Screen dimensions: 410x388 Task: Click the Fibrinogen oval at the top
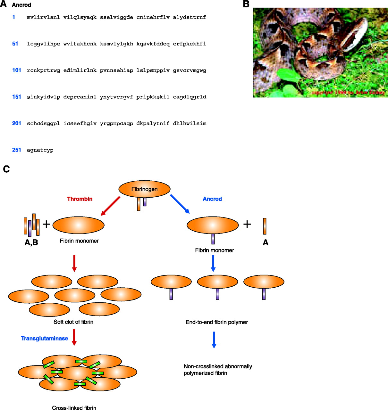pyautogui.click(x=144, y=189)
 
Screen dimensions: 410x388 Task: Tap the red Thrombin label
pyautogui.click(x=80, y=199)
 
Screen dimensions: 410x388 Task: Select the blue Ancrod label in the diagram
pyautogui.click(x=212, y=199)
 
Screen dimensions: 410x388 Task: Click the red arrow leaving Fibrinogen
pyautogui.click(x=110, y=206)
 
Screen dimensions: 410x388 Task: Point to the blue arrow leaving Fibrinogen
pyautogui.click(x=180, y=204)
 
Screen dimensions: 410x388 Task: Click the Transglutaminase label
pyautogui.click(x=45, y=339)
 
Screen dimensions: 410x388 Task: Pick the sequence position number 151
pyautogui.click(x=17, y=97)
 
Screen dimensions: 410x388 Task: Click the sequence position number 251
pyautogui.click(x=17, y=150)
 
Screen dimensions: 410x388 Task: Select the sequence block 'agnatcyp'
pyautogui.click(x=40, y=150)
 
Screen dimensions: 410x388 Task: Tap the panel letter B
pyautogui.click(x=246, y=4)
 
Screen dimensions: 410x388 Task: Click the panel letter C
pyautogui.click(x=6, y=169)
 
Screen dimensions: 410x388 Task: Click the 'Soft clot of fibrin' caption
pyautogui.click(x=73, y=322)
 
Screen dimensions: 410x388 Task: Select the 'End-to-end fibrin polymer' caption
pyautogui.click(x=217, y=322)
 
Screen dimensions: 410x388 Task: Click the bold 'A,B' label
pyautogui.click(x=31, y=242)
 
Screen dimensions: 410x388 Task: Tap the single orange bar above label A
pyautogui.click(x=265, y=226)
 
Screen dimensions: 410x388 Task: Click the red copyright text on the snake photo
pyautogui.click(x=348, y=93)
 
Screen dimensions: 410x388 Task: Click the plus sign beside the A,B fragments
pyautogui.click(x=46, y=224)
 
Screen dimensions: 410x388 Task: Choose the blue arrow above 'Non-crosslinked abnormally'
pyautogui.click(x=214, y=340)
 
